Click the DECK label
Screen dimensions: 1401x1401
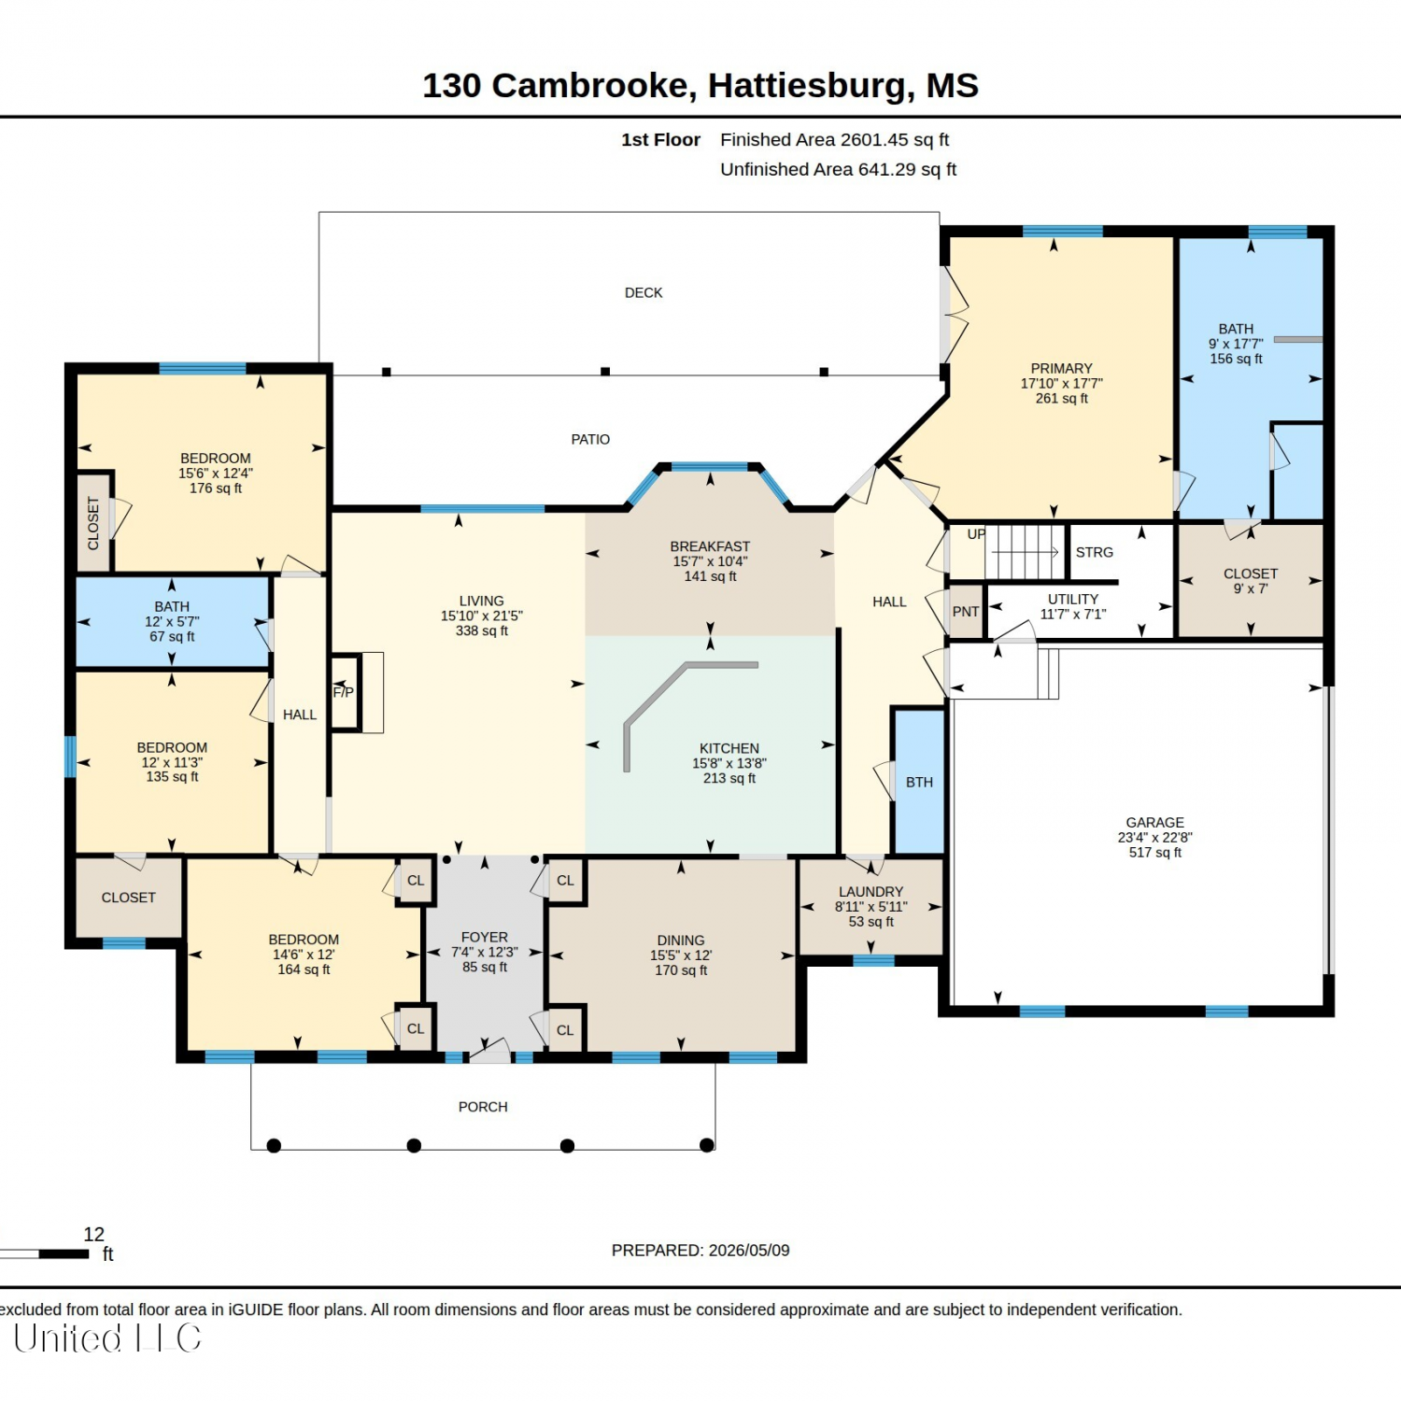pos(644,292)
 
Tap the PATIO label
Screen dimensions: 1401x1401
pos(590,439)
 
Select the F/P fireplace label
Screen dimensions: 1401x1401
pos(344,692)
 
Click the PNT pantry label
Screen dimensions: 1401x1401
pos(966,612)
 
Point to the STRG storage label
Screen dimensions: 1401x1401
pos(1095,552)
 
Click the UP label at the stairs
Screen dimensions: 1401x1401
pos(976,534)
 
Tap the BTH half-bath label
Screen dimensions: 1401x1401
pos(919,782)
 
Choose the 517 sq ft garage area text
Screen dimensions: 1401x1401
pos(1155,852)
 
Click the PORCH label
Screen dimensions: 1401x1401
pos(483,1107)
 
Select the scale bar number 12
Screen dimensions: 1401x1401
pos(94,1234)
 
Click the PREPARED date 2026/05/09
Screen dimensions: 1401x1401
pos(749,1250)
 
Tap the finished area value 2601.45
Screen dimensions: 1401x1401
pos(874,139)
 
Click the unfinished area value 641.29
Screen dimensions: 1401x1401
pos(887,169)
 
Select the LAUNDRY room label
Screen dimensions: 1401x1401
pos(870,892)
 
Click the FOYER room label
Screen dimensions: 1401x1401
pos(485,937)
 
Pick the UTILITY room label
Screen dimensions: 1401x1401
pos(1073,599)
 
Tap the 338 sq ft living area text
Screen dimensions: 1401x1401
pos(482,630)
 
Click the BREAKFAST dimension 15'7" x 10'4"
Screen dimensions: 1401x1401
pos(710,561)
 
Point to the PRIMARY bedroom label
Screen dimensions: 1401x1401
pos(1061,368)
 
